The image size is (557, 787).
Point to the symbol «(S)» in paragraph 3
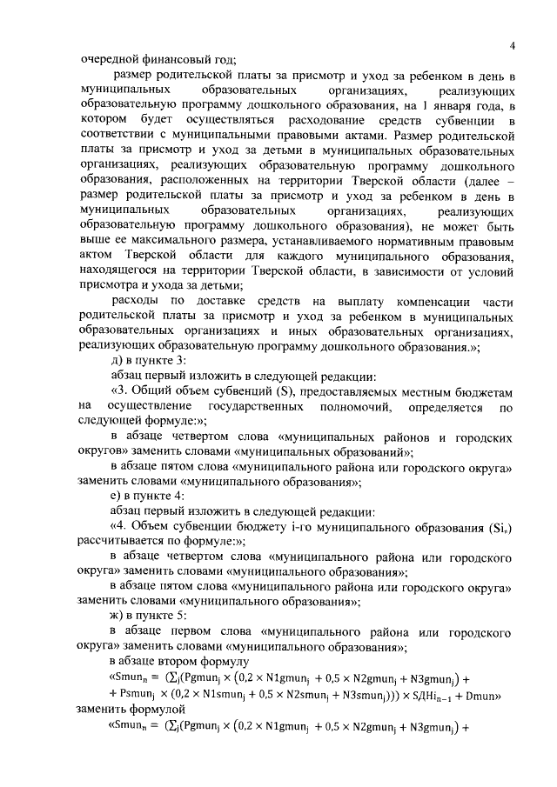pos(289,390)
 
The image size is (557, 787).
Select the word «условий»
pos(487,270)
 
